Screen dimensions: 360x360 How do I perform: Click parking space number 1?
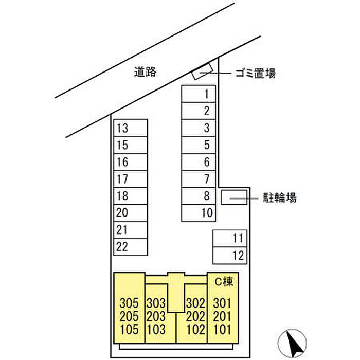199,94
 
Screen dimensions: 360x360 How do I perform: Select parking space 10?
199,212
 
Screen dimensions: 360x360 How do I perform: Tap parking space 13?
131,128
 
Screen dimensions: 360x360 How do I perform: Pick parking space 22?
131,246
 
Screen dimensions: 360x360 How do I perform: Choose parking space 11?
230,238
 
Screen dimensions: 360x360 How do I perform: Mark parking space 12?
230,255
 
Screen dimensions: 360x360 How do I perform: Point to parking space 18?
131,196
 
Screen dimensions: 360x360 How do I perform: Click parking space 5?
199,145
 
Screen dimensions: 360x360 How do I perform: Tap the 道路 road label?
146,73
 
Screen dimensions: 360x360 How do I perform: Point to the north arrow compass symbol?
292,342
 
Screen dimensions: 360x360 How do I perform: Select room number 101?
223,330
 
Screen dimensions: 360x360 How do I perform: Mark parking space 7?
199,179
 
